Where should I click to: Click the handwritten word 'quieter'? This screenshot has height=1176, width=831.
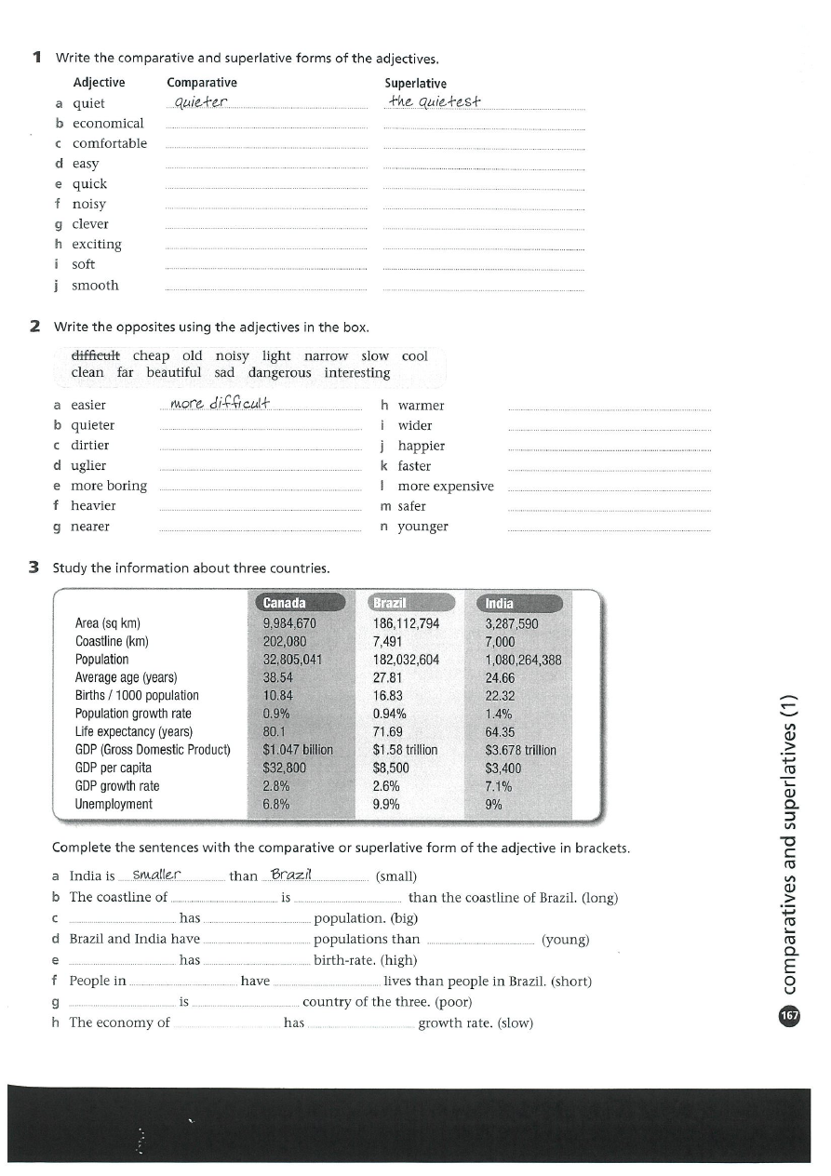tap(199, 101)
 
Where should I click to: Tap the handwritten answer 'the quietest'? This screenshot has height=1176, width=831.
tap(434, 101)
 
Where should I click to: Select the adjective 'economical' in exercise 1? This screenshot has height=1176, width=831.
tap(108, 123)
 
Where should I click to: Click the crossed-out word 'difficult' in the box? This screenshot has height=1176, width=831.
tap(96, 355)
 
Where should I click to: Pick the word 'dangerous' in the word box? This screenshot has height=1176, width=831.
tap(279, 372)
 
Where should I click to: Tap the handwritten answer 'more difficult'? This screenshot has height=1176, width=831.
tap(220, 403)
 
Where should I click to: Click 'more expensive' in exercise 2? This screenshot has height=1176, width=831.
tap(446, 486)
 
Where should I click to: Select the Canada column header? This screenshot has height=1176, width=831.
tap(284, 603)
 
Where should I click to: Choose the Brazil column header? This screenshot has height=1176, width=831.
tap(390, 603)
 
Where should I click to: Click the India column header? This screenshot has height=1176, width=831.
tap(500, 603)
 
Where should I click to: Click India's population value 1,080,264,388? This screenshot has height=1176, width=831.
tap(523, 660)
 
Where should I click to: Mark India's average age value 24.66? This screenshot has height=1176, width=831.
tap(500, 677)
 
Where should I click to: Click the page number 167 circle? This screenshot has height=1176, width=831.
tap(790, 1015)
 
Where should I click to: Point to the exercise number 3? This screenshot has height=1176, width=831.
tap(34, 568)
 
